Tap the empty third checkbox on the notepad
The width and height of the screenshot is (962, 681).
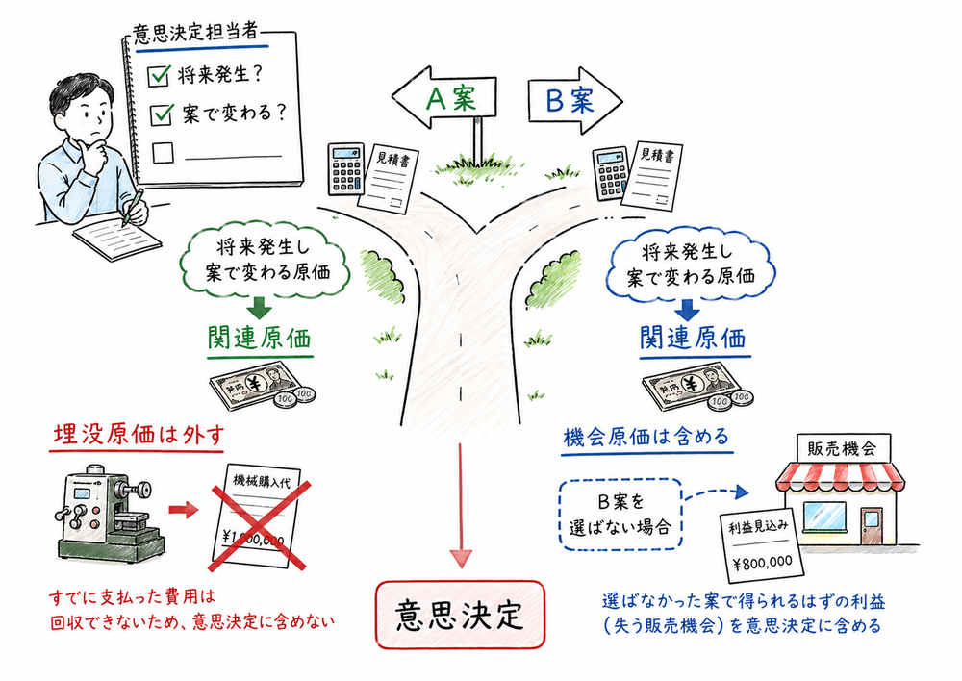[x=163, y=152]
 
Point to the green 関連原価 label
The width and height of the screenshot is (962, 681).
[x=261, y=339]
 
